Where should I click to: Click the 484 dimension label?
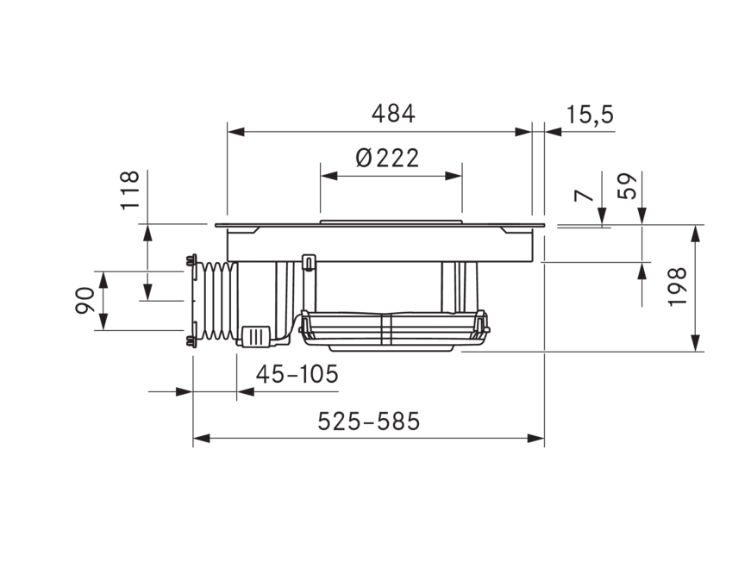392,113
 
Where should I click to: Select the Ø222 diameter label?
386,158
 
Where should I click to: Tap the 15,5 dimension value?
591,114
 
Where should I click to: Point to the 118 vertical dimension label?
129,190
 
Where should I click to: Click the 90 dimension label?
84,300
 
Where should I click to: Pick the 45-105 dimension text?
296,374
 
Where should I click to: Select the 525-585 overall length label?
368,421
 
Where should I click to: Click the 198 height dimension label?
677,287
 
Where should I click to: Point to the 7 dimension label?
587,197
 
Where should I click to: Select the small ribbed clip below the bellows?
256,335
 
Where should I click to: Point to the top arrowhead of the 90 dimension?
103,278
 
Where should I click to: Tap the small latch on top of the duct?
308,259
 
